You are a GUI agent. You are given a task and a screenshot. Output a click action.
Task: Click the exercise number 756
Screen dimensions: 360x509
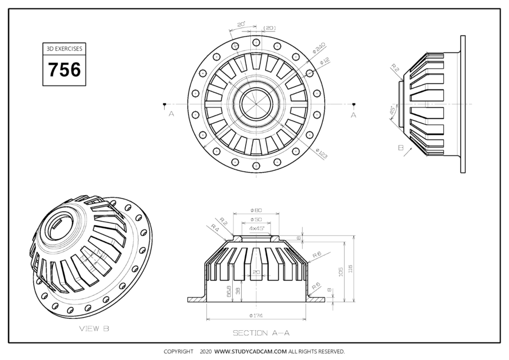(x=64, y=70)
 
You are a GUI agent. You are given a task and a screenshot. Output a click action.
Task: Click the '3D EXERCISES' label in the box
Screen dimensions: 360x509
(x=64, y=49)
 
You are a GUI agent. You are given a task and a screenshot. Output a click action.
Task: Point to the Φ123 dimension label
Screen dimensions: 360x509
(x=321, y=154)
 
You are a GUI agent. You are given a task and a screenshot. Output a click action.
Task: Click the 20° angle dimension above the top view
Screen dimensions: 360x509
(x=241, y=25)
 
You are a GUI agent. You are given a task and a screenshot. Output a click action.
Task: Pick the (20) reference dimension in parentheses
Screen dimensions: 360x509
(x=269, y=28)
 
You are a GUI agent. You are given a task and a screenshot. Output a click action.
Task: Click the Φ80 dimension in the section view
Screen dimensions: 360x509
(x=256, y=211)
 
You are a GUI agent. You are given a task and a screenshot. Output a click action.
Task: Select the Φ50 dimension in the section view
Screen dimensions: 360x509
(x=256, y=219)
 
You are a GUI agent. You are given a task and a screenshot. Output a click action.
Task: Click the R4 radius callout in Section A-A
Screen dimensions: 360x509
(x=215, y=227)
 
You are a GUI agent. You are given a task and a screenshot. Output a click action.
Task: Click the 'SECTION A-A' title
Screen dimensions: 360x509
(x=261, y=333)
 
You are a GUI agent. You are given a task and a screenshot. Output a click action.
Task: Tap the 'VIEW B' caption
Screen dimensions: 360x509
(x=94, y=328)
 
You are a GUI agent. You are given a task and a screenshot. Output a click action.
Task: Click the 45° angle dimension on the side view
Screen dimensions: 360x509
(x=392, y=111)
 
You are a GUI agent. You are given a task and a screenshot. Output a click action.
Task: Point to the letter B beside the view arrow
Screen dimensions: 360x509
(x=400, y=148)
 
